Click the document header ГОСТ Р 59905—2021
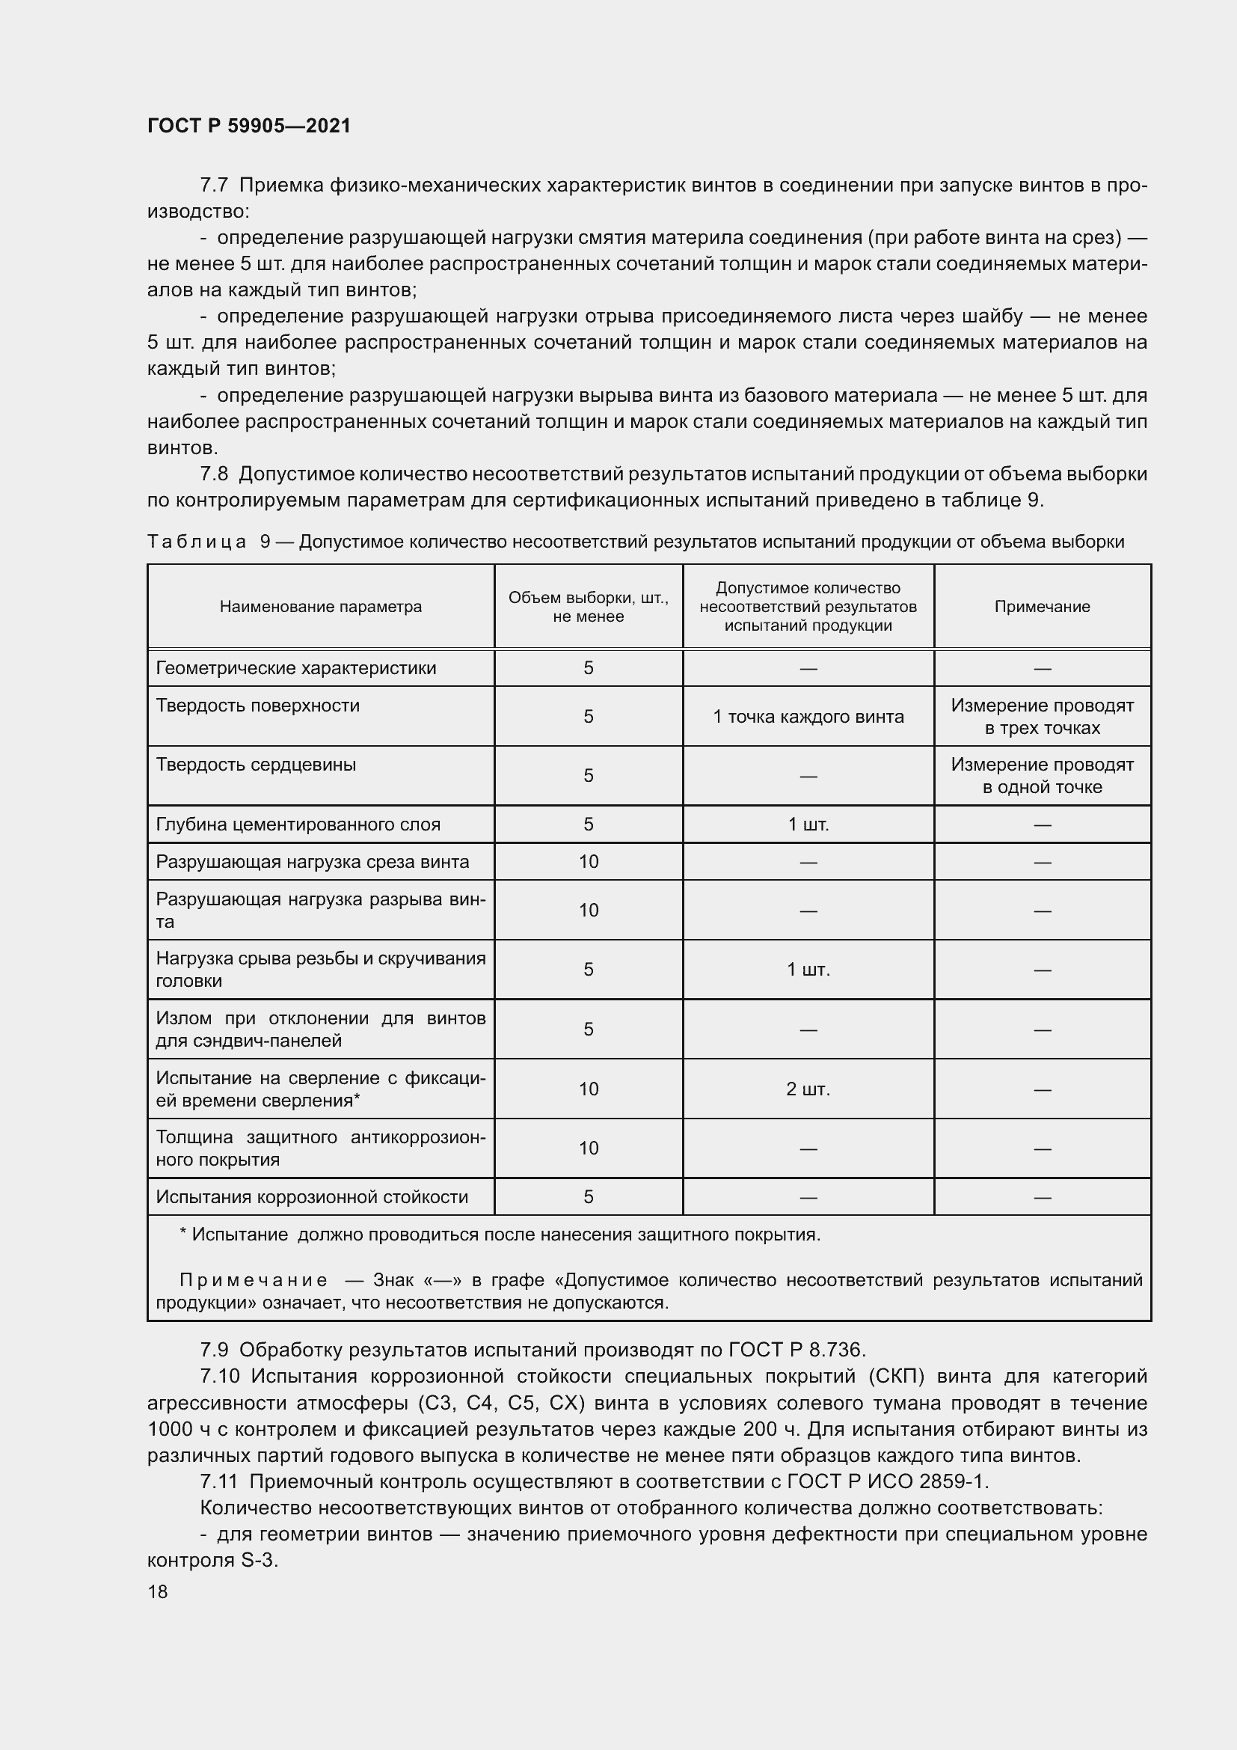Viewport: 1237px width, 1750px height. point(249,126)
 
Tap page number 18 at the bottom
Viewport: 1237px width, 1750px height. point(158,1591)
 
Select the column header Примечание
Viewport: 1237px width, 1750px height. point(1041,607)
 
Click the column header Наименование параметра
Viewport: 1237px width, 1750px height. point(320,607)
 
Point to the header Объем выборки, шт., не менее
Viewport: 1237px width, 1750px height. point(588,607)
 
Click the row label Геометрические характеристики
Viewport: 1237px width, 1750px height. point(295,668)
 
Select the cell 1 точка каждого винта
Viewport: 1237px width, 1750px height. point(808,717)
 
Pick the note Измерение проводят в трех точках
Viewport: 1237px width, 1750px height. point(1041,717)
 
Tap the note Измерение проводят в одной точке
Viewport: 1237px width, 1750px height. point(1041,776)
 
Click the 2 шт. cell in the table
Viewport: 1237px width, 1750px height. point(808,1089)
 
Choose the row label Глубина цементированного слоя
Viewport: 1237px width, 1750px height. point(298,824)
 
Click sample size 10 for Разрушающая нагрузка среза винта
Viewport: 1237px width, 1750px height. point(588,862)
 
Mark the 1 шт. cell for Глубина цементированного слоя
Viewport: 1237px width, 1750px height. point(808,824)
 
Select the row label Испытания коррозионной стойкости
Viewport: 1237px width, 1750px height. point(312,1197)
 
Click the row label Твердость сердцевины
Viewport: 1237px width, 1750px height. point(256,765)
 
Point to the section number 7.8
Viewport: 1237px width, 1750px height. point(214,474)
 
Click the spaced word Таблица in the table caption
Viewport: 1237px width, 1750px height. point(197,542)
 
